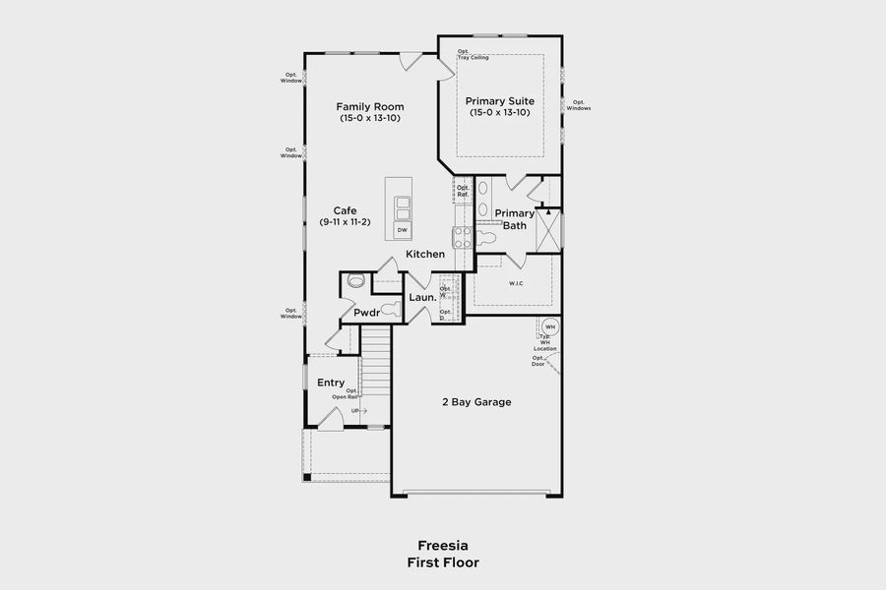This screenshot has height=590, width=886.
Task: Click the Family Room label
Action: [x=369, y=106]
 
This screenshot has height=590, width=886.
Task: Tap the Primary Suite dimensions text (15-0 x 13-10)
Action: [x=499, y=113]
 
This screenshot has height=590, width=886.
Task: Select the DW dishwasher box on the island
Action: [x=402, y=230]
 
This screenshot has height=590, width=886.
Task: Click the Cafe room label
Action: [x=345, y=210]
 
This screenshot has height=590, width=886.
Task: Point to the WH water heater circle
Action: [x=549, y=327]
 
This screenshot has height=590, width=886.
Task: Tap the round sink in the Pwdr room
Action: [x=356, y=281]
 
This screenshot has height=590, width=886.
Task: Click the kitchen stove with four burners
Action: [x=461, y=236]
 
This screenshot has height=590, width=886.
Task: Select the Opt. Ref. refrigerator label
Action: [x=463, y=191]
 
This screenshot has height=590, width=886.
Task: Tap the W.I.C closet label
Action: [x=516, y=284]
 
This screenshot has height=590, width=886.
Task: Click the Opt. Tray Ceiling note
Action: [x=473, y=54]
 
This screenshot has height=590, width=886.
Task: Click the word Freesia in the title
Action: [x=442, y=545]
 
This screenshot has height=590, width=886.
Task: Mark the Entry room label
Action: [x=331, y=383]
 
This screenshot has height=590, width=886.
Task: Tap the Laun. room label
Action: [x=422, y=297]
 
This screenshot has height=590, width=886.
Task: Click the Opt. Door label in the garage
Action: [x=538, y=361]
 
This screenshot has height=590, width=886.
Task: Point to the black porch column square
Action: [x=307, y=478]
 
